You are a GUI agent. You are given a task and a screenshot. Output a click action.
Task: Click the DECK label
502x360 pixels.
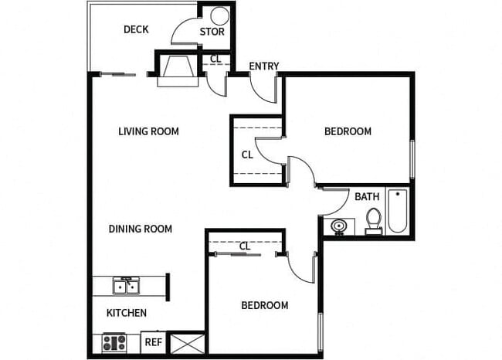pos(136,30)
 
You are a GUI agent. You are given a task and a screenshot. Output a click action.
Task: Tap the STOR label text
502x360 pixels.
pos(212,32)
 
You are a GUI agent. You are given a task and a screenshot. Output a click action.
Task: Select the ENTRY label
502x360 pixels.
pos(264,66)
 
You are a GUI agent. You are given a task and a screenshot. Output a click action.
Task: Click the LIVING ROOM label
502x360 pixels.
pos(148,131)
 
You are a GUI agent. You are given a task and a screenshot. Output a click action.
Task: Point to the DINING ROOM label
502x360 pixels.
pos(140,229)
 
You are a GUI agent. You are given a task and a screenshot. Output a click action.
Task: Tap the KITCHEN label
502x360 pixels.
pos(126,313)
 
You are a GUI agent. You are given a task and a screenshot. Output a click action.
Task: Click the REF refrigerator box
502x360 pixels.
pos(153,341)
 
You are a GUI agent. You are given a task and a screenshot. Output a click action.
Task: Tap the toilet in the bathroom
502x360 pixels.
pos(374,219)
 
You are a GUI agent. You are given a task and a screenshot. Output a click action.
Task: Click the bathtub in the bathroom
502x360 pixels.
pos(397,211)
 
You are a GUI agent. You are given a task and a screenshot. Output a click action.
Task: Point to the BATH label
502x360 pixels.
pos(367,197)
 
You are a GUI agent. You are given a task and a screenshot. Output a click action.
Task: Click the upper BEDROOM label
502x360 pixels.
pos(348,131)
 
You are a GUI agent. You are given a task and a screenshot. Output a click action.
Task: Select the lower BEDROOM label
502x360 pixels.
pos(265,305)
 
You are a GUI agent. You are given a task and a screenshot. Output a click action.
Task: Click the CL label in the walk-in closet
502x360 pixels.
pos(247,155)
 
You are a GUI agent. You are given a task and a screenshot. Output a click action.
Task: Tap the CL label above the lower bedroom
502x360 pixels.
pos(245,246)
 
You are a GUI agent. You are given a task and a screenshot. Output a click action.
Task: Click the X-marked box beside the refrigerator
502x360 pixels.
pos(186,342)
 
